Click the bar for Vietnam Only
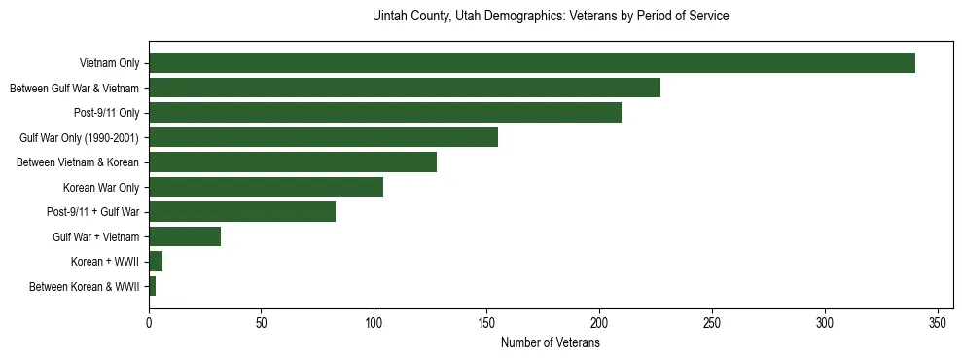[x=531, y=63]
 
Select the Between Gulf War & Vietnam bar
[x=405, y=89]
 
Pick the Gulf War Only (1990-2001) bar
[x=323, y=137]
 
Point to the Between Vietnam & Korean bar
[x=293, y=162]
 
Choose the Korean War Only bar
[x=266, y=187]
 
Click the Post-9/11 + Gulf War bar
[x=242, y=211]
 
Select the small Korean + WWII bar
[x=156, y=261]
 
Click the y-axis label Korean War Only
[x=101, y=188]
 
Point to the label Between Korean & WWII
[x=85, y=287]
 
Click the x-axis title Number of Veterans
[x=550, y=342]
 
